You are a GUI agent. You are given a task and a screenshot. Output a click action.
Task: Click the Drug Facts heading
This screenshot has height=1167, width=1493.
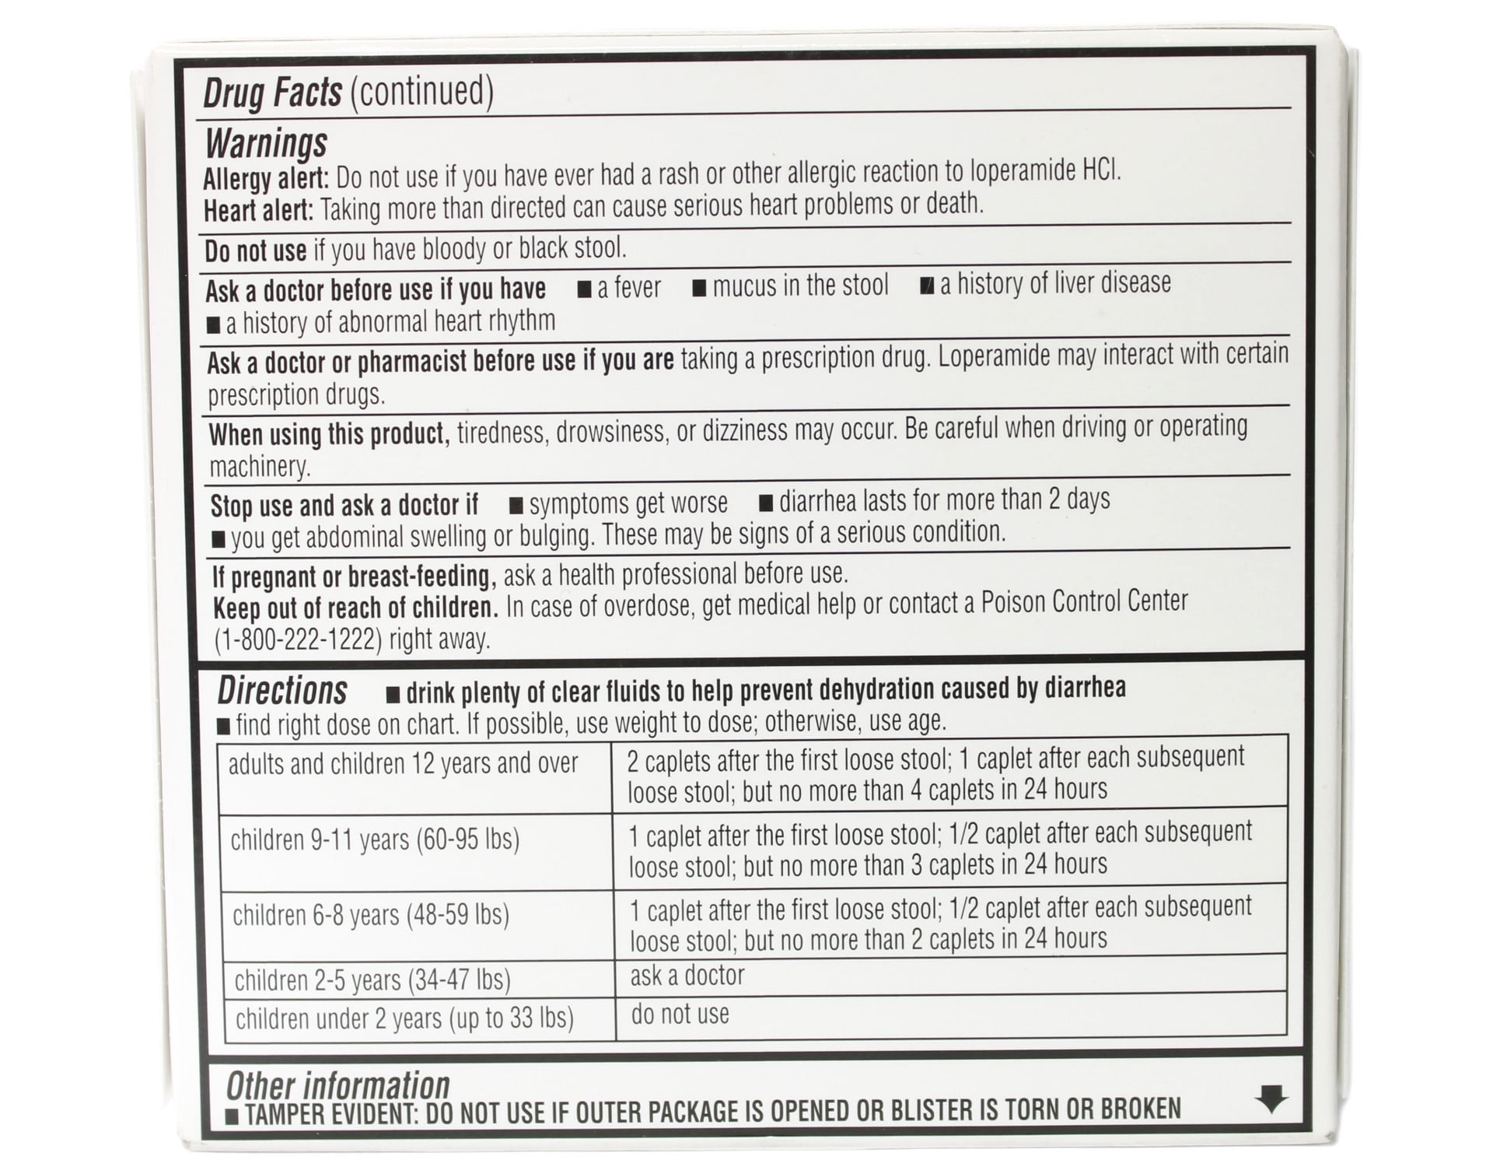(272, 93)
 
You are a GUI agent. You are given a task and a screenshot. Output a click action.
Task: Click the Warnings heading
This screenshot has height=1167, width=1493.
(267, 144)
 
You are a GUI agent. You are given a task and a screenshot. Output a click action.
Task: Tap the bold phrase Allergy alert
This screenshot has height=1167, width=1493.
(265, 179)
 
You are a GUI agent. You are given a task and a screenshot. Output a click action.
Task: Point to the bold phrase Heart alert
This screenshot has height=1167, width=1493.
(258, 211)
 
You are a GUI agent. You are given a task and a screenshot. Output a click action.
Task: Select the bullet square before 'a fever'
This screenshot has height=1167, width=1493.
(585, 290)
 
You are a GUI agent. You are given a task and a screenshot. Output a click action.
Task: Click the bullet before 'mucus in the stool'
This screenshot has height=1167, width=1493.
(700, 289)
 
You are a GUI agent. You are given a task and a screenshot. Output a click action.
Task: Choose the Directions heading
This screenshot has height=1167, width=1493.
(282, 691)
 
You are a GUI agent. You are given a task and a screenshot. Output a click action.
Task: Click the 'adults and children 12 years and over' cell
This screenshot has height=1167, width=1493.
(404, 764)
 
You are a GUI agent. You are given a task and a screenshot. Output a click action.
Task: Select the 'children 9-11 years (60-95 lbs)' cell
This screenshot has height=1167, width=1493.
(375, 840)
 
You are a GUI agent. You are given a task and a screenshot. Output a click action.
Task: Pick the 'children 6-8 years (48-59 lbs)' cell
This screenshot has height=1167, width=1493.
(371, 915)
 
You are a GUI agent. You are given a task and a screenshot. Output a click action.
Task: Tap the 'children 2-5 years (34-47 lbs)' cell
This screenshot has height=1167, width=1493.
(372, 980)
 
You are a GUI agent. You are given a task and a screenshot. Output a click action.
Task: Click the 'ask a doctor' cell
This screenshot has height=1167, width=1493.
(687, 976)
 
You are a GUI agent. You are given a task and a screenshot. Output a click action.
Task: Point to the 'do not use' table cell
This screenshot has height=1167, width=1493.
(680, 1015)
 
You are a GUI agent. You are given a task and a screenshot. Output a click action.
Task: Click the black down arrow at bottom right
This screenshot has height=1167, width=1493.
(1271, 1099)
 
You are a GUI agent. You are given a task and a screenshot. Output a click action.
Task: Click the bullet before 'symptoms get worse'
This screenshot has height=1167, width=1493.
(516, 506)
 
